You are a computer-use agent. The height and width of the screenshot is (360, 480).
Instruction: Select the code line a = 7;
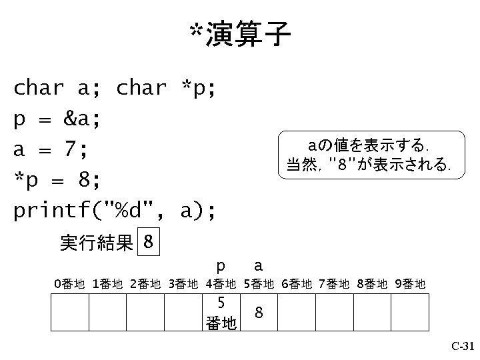point(51,149)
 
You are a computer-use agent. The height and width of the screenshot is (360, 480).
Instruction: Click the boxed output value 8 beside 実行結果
point(149,242)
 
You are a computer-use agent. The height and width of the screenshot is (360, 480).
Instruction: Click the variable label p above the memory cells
point(221,266)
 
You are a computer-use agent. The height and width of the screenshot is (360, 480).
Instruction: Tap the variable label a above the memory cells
point(258,266)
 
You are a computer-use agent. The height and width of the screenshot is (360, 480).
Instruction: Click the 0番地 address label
point(69,285)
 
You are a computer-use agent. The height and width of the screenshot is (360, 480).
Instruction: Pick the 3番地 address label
point(183,285)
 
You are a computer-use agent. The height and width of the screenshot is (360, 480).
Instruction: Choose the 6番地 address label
point(297,285)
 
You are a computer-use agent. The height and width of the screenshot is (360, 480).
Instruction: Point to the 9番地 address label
point(410,285)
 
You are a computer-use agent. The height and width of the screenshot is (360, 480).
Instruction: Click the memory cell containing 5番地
point(221,312)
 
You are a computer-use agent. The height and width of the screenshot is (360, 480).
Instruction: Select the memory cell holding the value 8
point(259,312)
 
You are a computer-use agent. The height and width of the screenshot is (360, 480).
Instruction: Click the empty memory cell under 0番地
point(70,312)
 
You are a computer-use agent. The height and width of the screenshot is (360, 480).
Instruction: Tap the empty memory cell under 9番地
point(410,312)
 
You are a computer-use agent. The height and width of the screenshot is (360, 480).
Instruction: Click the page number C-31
point(462,346)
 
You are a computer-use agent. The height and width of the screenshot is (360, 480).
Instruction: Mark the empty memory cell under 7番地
point(334,312)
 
